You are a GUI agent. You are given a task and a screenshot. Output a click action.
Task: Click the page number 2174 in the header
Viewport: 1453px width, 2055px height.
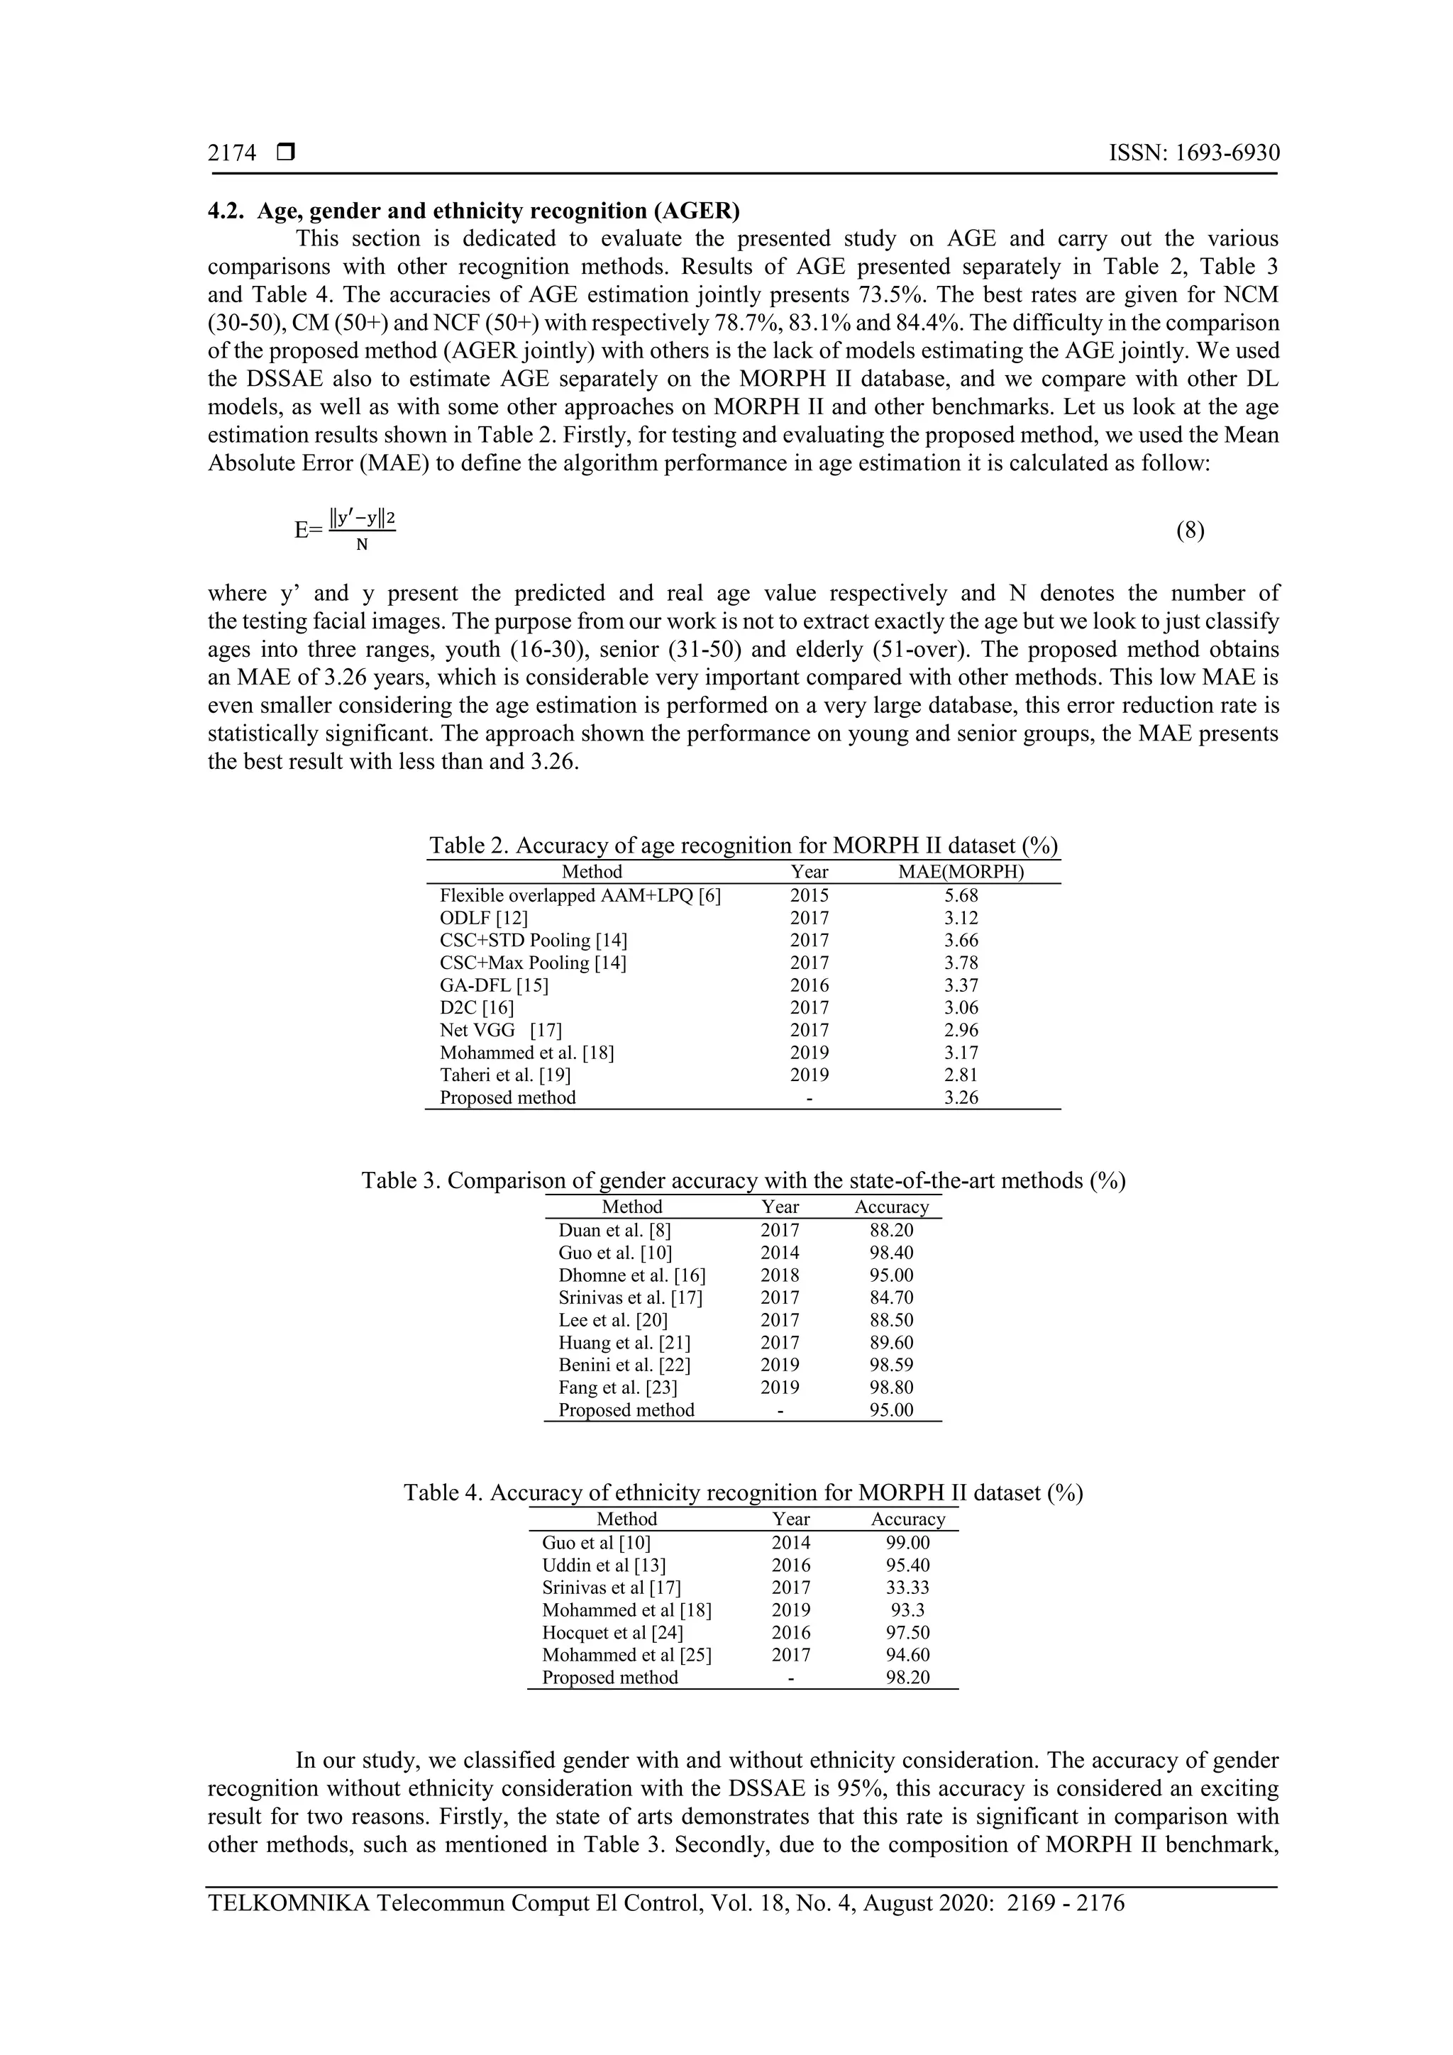coord(232,153)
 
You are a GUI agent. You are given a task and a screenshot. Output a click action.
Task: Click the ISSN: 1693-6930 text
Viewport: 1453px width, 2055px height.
coord(1193,153)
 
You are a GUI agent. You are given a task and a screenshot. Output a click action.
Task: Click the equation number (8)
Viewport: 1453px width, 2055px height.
coord(1190,531)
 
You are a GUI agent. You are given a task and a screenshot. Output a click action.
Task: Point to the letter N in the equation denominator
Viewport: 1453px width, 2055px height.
coord(362,544)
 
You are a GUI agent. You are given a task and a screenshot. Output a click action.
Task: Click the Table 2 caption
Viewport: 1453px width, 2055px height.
coord(742,845)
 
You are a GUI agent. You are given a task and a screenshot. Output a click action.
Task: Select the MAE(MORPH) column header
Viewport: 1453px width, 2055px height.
coord(961,872)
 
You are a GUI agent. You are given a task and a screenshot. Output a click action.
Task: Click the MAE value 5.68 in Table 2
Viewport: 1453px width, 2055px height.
coord(961,895)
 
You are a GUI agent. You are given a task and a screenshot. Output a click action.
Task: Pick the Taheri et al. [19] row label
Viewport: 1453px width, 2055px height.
coord(505,1075)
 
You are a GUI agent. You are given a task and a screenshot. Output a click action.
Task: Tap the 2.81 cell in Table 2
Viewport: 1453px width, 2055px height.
coord(961,1075)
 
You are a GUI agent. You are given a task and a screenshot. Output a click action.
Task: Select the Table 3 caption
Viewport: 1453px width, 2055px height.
coord(742,1180)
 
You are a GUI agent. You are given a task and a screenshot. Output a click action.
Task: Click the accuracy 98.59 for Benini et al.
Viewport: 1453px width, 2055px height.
coord(891,1365)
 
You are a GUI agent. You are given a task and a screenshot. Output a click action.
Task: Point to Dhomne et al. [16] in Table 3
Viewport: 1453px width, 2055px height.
coord(631,1275)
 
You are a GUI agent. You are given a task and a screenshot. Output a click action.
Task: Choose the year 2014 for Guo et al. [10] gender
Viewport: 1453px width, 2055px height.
coord(780,1253)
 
